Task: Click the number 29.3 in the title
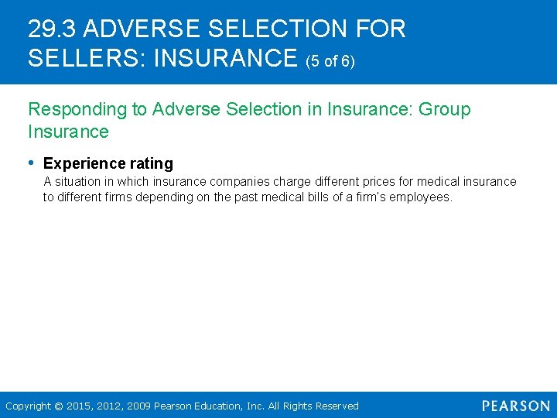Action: (x=52, y=29)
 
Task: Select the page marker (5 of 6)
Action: (x=331, y=60)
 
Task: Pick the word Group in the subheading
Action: (x=445, y=109)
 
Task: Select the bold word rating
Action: (x=152, y=164)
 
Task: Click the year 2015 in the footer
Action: (x=78, y=406)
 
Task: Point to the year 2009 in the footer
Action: (x=140, y=406)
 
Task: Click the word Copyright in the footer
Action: (x=28, y=406)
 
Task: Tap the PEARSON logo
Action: (x=516, y=406)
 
